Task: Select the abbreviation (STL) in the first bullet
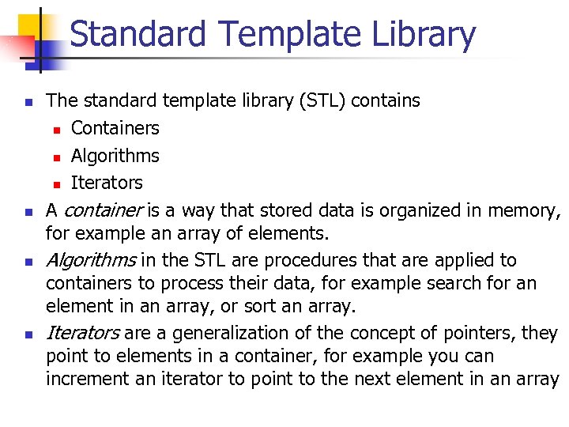pos(322,100)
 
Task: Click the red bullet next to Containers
pos(57,129)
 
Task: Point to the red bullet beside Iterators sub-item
pos(57,183)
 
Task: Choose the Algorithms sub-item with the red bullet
pos(115,156)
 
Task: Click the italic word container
pos(103,210)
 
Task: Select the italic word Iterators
pos(83,334)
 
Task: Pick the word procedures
pos(301,260)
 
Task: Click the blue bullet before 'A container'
pos(28,212)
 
